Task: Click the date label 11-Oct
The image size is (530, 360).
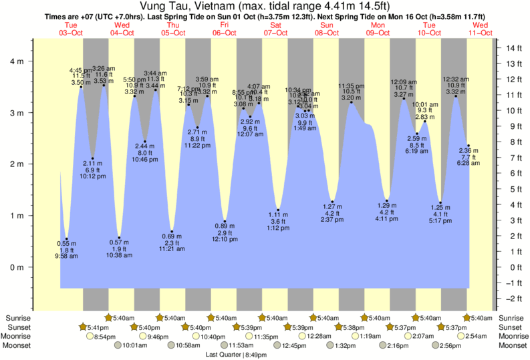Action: coord(480,31)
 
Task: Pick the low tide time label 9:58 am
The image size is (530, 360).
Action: coord(65,256)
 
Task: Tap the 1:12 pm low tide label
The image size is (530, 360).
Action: coord(279,228)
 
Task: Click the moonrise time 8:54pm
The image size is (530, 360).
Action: coord(107,337)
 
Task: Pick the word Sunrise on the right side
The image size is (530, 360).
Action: coord(511,319)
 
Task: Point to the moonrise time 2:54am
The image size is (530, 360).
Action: coord(479,337)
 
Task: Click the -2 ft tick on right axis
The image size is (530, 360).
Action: coord(513,298)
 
